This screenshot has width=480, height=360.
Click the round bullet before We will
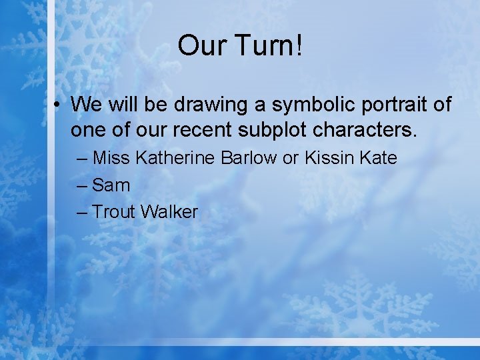(59, 105)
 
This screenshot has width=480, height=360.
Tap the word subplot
(275, 129)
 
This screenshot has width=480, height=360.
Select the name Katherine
(173, 158)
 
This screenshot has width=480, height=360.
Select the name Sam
(111, 185)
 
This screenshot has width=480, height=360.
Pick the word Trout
(114, 212)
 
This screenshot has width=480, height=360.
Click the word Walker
(169, 212)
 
